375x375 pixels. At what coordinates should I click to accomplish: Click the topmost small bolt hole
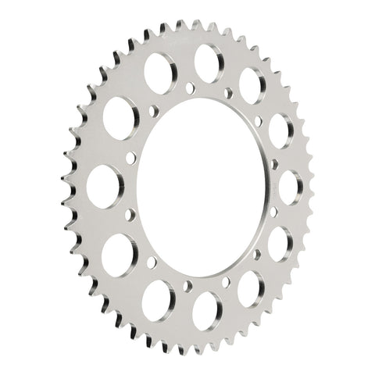[x=190, y=87]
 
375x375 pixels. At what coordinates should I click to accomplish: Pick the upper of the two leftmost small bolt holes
[x=129, y=159]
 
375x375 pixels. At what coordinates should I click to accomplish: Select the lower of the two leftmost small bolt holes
[x=129, y=212]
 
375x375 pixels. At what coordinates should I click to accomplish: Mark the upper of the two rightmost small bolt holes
[x=274, y=164]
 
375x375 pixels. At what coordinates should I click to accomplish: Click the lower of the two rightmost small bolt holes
[x=273, y=212]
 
